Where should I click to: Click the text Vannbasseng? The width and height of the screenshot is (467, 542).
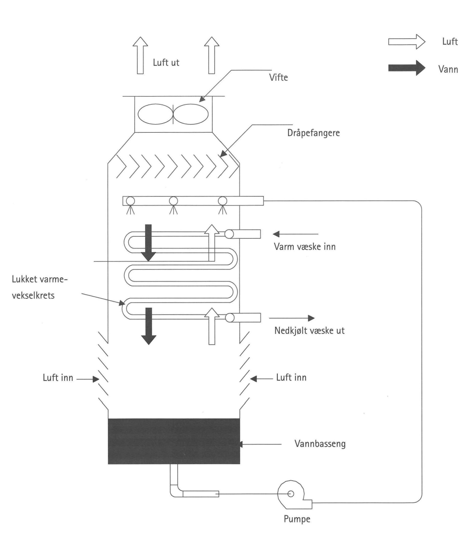319,442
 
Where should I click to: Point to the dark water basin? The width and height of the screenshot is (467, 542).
174,441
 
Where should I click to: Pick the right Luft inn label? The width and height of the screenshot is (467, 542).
291,378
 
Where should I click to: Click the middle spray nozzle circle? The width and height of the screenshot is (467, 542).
174,201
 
